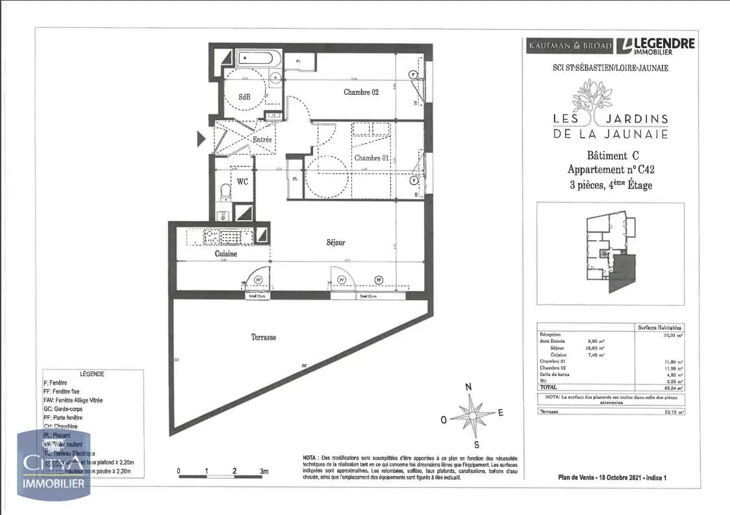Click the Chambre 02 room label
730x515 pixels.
[361, 92]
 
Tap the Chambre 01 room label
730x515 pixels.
[371, 158]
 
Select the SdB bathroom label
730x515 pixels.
[244, 97]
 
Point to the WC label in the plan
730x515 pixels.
[242, 181]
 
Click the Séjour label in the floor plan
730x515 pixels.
[336, 242]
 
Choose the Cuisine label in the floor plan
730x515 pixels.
[226, 254]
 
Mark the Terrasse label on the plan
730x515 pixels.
[264, 337]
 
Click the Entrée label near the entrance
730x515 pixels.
[262, 140]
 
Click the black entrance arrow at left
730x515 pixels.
[201, 138]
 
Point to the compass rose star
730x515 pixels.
[472, 414]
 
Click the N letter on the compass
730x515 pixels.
[468, 387]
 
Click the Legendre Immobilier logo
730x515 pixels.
[656, 45]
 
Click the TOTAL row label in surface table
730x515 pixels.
[549, 387]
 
